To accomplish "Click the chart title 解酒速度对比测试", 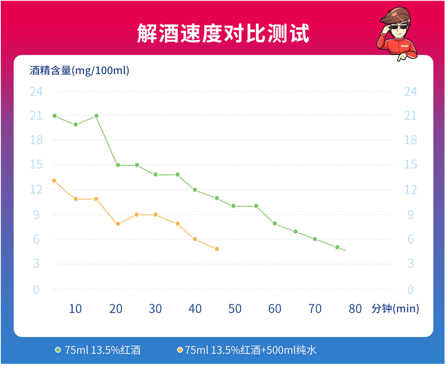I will pos(223,33).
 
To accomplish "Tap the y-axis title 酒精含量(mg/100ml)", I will pos(79,70).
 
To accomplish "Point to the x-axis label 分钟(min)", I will pos(395,308).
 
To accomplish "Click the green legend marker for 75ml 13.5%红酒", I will pos(58,350).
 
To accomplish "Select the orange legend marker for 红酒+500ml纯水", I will pos(180,350).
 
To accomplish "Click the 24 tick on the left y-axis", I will pos(36,91).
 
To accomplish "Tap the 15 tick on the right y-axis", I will pos(410,165).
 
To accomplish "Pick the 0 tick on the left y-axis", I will pos(36,289).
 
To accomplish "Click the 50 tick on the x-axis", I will pos(235,309).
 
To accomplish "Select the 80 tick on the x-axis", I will pos(355,309).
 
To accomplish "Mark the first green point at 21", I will pos(55,116).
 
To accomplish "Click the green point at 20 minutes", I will pos(118,165).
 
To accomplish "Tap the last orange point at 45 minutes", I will pos(216,249).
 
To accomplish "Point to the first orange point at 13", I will pos(54,181).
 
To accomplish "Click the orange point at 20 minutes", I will pos(118,224).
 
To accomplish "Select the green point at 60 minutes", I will pos(275,223).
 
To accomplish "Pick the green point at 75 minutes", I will pos(337,247).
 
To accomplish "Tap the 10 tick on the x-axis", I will pos(75,309).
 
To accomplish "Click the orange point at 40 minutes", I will pos(195,239).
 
